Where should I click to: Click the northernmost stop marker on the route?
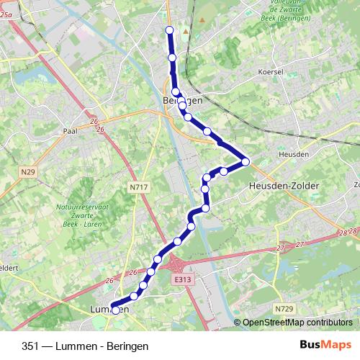pyautogui.click(x=170, y=30)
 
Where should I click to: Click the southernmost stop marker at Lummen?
pyautogui.click(x=115, y=310)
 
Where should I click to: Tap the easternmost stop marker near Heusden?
pyautogui.click(x=246, y=162)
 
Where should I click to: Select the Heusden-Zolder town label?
pyautogui.click(x=283, y=185)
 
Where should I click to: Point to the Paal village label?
pyautogui.click(x=70, y=131)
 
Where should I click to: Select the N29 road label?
pyautogui.click(x=27, y=171)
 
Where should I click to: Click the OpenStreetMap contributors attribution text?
pyautogui.click(x=297, y=323)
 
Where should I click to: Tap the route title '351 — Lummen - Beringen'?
pyautogui.click(x=85, y=346)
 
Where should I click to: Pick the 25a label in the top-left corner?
pyautogui.click(x=7, y=23)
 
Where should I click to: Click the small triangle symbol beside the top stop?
pyautogui.click(x=186, y=32)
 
